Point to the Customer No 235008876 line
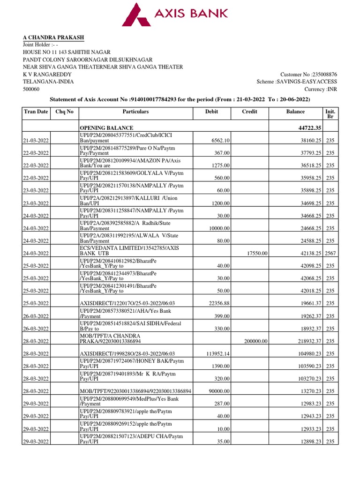(308, 75)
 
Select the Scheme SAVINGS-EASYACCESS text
(297, 82)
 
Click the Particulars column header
(135, 112)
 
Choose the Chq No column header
(64, 112)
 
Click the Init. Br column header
(330, 115)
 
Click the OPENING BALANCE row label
(106, 128)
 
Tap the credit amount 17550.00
(257, 253)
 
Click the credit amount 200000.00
(255, 341)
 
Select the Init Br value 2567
(330, 253)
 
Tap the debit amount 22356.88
(217, 303)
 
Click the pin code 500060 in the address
(31, 90)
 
